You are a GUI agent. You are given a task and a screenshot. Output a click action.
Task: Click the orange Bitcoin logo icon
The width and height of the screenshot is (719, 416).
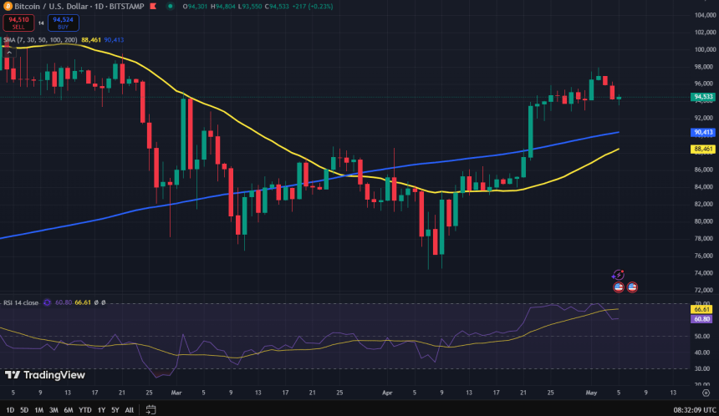pos(8,6)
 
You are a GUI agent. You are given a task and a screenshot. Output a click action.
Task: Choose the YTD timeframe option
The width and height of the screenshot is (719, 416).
pos(84,409)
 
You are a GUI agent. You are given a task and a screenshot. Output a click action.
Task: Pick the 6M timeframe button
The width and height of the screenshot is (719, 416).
pos(68,409)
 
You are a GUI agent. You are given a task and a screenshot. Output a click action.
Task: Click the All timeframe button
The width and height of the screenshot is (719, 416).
pos(128,409)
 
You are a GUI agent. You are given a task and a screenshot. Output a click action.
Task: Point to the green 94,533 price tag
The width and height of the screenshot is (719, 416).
pos(703,97)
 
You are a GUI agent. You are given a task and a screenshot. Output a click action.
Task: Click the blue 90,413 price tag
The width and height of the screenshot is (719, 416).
pos(703,132)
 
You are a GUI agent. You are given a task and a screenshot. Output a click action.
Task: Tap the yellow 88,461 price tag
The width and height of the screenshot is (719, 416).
pos(703,149)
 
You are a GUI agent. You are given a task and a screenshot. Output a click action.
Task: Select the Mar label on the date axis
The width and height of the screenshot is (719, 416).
pos(176,391)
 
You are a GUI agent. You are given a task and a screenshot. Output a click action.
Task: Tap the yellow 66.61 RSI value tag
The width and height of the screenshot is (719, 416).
pos(703,308)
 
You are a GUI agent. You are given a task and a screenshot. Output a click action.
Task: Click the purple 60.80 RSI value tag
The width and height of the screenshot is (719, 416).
pos(703,318)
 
